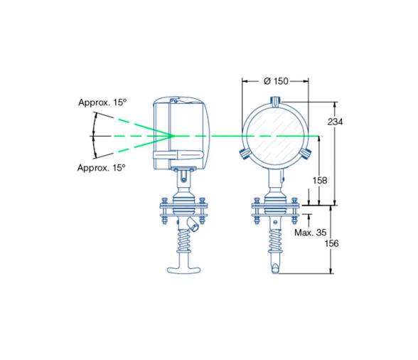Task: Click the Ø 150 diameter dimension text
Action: (x=276, y=81)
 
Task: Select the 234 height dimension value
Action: (x=336, y=122)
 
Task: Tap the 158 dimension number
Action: (x=320, y=181)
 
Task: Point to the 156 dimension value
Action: (x=331, y=243)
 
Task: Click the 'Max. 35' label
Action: (x=310, y=232)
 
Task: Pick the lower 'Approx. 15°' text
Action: (x=102, y=167)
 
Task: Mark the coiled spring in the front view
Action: (x=275, y=239)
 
